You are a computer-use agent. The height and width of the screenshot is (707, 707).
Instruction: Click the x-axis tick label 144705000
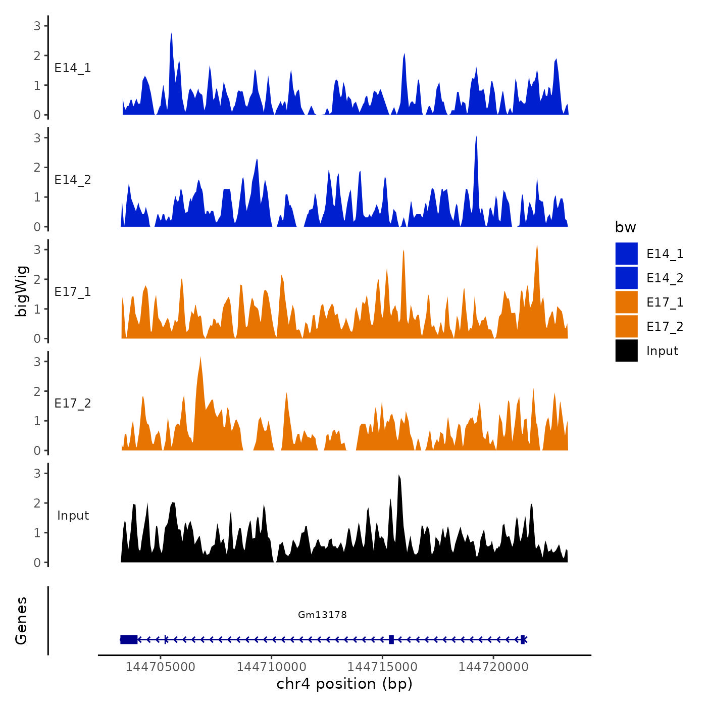(160, 667)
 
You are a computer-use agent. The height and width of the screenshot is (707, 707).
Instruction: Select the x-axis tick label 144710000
(271, 667)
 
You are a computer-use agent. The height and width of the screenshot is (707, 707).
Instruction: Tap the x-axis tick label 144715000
(382, 667)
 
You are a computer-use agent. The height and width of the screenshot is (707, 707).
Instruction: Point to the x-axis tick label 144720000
(493, 667)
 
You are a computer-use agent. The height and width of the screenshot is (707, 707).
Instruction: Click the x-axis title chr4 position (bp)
(344, 684)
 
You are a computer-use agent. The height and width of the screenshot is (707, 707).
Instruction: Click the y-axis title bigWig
(21, 291)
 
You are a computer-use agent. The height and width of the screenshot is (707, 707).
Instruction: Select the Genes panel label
(21, 621)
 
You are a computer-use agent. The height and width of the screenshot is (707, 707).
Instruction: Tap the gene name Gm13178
(322, 615)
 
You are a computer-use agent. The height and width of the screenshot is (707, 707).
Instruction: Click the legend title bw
(625, 227)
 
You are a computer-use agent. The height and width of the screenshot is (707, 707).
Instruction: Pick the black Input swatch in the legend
(626, 350)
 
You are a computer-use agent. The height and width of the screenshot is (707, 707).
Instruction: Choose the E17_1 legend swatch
(626, 302)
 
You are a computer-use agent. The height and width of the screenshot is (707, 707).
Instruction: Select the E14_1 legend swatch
(626, 254)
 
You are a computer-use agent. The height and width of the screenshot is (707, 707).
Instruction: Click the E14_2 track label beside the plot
(73, 180)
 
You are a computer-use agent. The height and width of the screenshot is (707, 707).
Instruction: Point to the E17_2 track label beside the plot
(73, 403)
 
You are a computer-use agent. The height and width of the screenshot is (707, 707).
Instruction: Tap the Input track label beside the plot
(73, 516)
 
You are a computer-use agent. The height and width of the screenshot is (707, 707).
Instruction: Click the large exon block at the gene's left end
(129, 639)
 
